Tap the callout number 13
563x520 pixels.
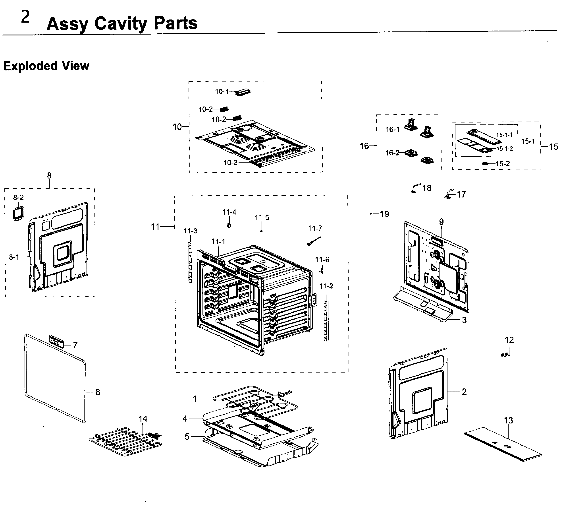[x=508, y=421]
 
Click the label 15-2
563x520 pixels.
[x=503, y=164]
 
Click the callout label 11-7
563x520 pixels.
[x=315, y=228]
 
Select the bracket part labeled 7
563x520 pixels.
[x=56, y=341]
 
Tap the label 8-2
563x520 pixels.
[x=18, y=198]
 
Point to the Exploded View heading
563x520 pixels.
[x=46, y=66]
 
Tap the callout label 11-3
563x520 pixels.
[x=190, y=231]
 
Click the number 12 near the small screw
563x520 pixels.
[x=509, y=340]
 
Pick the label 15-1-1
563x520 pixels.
[x=504, y=135]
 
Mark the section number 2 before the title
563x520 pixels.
[x=25, y=17]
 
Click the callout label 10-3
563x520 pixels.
[x=231, y=163]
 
